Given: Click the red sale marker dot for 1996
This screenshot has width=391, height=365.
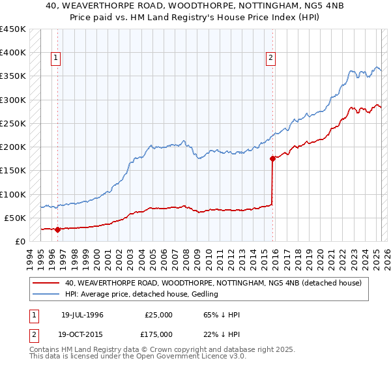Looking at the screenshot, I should click(57, 229).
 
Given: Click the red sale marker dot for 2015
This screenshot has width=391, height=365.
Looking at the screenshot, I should click(272, 158).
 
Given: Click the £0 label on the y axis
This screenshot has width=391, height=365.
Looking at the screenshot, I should click(20, 241).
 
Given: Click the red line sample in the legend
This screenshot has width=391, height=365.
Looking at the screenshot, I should click(46, 283).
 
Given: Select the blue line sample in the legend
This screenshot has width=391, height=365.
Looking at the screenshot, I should click(46, 295).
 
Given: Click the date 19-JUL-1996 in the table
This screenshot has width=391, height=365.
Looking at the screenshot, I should click(82, 315).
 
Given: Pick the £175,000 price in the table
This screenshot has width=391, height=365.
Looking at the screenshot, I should click(158, 334).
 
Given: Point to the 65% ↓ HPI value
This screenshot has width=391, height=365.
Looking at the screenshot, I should click(222, 315).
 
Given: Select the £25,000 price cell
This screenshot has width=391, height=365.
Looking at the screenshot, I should click(158, 315).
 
